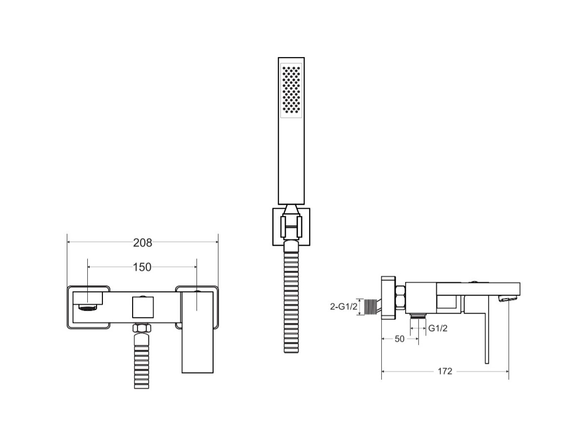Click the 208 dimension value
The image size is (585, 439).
coord(142,243)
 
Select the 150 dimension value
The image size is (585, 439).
coord(142,267)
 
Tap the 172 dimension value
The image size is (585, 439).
coord(445,371)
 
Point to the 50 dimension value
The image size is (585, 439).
coord(399,339)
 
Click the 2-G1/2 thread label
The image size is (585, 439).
coord(344,307)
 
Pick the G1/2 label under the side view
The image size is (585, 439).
coord(438,328)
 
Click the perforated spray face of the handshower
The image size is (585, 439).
coord(291,90)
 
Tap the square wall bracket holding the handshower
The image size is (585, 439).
coord(291,227)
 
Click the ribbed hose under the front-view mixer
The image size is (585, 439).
coord(141,360)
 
